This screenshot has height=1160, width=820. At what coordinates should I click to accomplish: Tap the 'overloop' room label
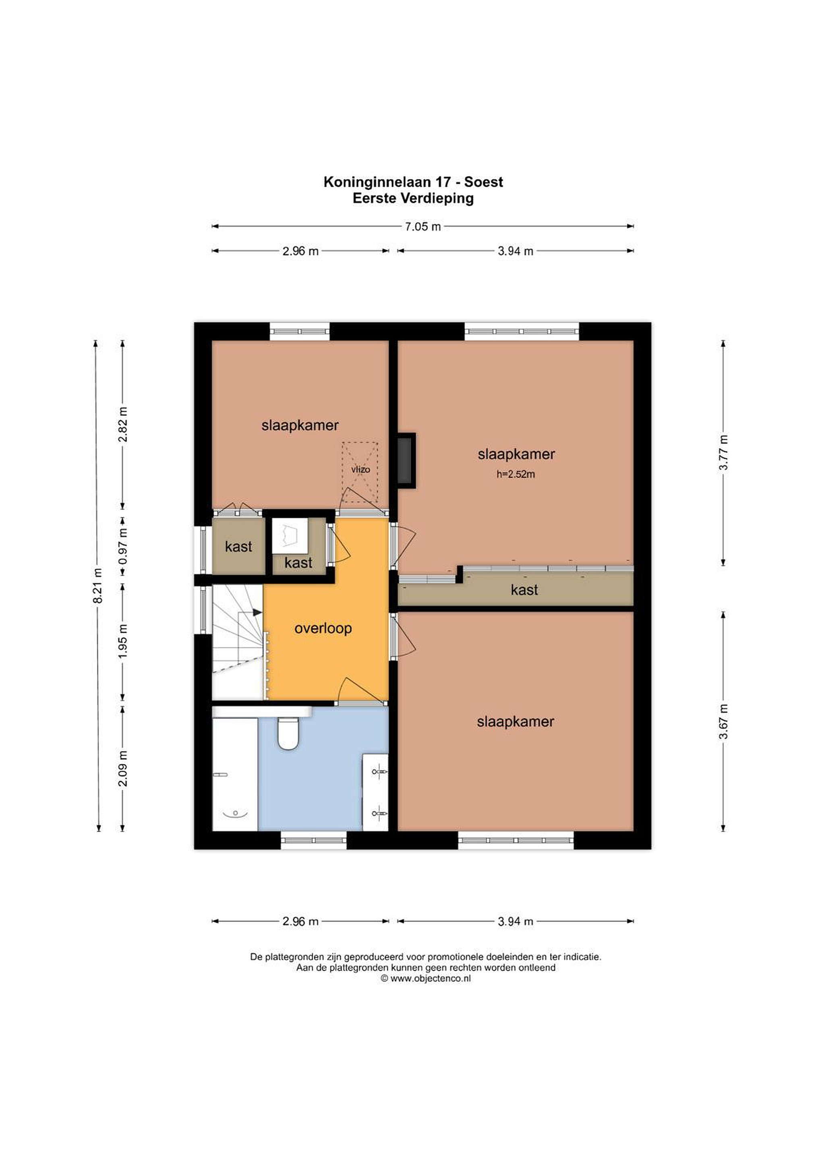click(x=323, y=628)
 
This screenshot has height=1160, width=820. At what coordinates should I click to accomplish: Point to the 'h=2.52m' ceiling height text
click(x=516, y=474)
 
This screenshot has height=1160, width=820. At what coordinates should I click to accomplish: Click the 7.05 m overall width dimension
click(x=422, y=226)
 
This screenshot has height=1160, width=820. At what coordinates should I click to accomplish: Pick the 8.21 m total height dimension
click(x=98, y=586)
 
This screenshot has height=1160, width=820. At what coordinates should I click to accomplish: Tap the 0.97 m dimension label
click(x=122, y=546)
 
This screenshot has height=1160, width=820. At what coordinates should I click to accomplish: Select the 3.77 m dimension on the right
click(x=723, y=452)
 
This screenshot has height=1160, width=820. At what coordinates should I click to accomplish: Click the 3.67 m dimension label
click(x=723, y=721)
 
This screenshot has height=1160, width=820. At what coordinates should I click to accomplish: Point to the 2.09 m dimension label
click(x=122, y=768)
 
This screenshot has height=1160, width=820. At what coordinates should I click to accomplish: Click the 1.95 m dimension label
click(x=122, y=642)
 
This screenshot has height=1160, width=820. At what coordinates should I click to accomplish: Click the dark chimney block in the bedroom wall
click(x=405, y=460)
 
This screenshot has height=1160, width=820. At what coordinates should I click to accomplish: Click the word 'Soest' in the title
click(x=484, y=182)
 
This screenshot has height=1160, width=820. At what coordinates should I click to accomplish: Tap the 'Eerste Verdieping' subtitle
click(x=413, y=198)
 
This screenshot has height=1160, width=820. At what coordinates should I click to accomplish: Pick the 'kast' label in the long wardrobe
click(x=524, y=590)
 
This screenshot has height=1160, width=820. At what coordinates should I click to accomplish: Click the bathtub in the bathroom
click(x=235, y=774)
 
